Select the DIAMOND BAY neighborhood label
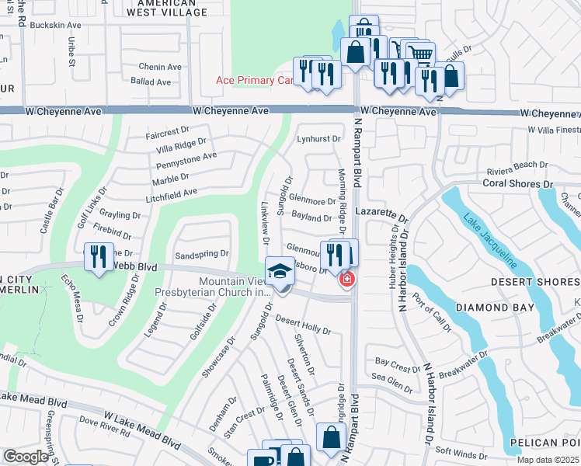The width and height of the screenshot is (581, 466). point(494,308)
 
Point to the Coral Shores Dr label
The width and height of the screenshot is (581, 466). point(517,184)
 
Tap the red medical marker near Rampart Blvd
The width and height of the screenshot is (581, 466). point(346,279)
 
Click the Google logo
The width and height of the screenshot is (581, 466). point(25,457)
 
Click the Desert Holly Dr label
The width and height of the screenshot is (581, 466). point(303,325)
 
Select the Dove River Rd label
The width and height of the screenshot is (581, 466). point(104,426)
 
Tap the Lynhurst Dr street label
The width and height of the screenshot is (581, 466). point(318,139)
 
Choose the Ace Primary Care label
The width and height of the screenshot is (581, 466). point(255,81)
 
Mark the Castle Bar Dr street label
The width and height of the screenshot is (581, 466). point(53,210)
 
